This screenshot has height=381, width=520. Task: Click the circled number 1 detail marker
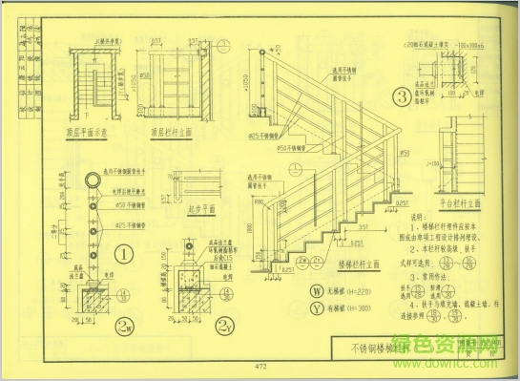tap(123, 255)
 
